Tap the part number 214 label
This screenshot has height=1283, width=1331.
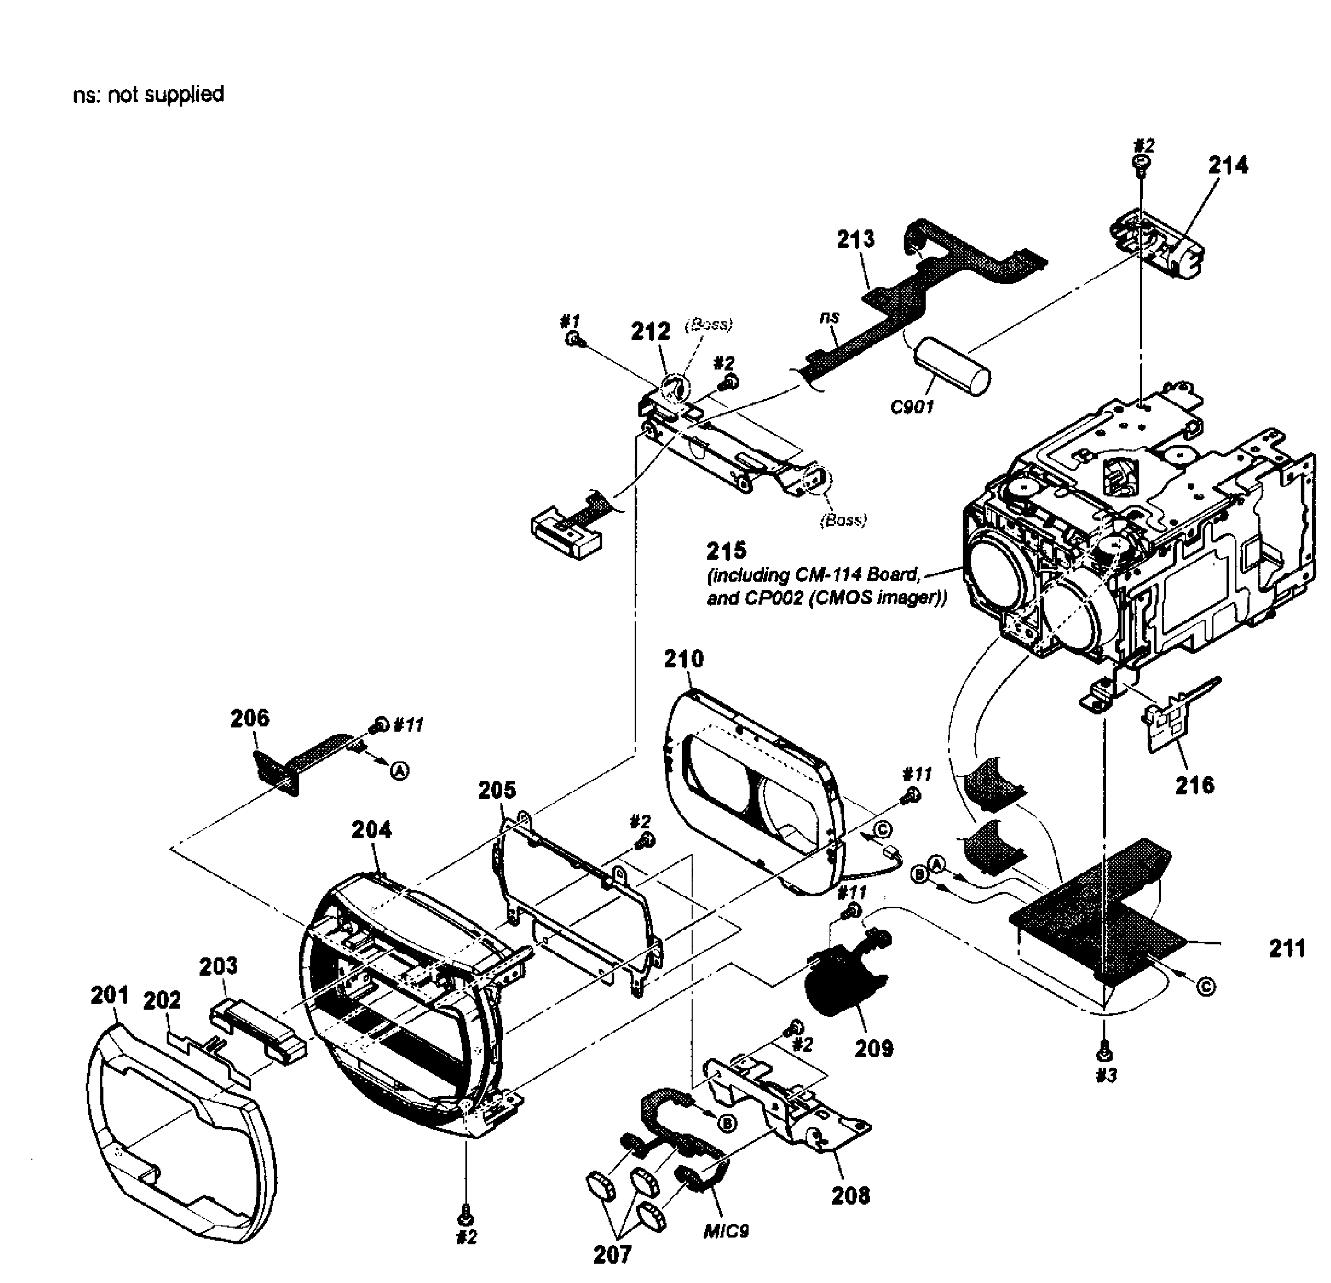tap(1228, 165)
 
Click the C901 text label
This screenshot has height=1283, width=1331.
tap(912, 407)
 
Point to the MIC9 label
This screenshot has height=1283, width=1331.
tap(726, 1231)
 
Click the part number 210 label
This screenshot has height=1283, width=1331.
tap(684, 658)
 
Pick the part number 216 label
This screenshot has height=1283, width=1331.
tap(1195, 785)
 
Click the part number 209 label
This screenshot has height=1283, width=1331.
tap(873, 1048)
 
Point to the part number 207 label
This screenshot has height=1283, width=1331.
tap(613, 1254)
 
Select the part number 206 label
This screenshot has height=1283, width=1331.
tap(249, 718)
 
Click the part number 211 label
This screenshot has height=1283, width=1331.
tap(1287, 948)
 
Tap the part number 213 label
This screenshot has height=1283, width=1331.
tap(856, 239)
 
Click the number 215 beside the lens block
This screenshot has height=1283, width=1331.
tap(726, 550)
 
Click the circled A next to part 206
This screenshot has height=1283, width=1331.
tap(401, 771)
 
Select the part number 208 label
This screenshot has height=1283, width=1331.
tap(850, 1195)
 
